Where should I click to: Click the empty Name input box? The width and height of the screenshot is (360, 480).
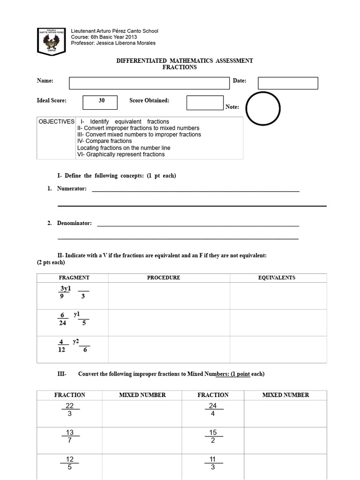(150, 83)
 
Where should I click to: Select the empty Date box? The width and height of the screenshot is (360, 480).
(288, 83)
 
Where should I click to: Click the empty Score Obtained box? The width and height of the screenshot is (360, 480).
(205, 103)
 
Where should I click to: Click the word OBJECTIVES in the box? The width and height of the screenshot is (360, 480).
(56, 121)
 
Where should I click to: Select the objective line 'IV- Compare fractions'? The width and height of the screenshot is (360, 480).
(105, 141)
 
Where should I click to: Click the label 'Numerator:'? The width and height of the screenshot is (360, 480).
(72, 188)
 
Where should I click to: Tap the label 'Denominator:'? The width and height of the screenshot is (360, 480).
(75, 223)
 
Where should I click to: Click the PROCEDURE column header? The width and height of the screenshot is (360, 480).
(164, 277)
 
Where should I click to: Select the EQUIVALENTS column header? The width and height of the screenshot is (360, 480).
(277, 277)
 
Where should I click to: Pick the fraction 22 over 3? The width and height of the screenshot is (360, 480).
(70, 410)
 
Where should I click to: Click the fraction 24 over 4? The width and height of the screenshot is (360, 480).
(213, 410)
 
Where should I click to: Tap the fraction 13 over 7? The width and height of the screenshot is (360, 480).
(70, 436)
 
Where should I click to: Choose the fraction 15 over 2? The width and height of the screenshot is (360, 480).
(213, 436)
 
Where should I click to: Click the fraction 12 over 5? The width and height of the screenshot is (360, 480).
(70, 463)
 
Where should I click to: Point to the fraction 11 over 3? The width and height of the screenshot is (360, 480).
(213, 463)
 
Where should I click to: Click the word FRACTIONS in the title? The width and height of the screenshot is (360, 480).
(180, 67)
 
